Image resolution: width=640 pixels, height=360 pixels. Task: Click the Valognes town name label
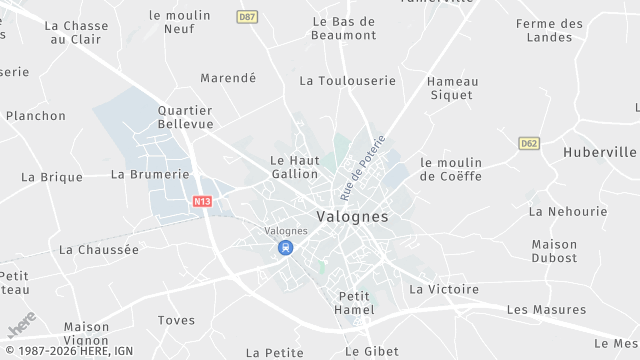352,216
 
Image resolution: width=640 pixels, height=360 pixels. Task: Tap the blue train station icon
286,247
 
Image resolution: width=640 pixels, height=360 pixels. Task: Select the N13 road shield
203,201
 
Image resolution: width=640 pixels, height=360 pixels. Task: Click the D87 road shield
247,17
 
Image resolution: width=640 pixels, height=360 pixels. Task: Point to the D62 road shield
529,144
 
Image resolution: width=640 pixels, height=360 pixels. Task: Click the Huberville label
600,152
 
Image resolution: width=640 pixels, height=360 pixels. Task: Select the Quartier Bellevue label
187,117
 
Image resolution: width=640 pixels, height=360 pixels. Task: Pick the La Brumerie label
150,173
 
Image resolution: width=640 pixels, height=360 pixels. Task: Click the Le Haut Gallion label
295,166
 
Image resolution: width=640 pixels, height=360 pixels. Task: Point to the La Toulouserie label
348,81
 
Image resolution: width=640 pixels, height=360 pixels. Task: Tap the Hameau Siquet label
453,89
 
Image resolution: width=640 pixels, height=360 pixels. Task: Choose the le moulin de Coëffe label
451,169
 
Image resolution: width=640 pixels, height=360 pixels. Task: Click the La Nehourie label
568,211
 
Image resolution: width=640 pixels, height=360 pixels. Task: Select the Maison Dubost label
554,251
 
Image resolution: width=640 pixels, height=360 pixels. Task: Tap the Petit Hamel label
355,303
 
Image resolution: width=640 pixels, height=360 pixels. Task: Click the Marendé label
228,77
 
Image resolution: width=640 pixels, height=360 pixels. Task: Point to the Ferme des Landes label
550,30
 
